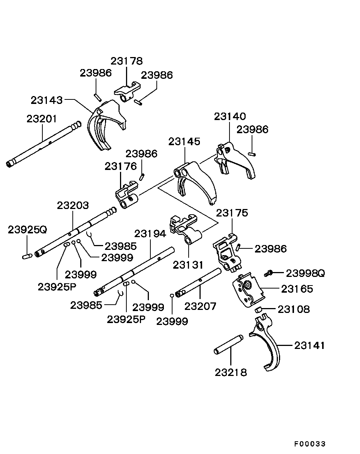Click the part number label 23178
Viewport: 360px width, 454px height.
coord(126,61)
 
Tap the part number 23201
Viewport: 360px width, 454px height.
coord(42,119)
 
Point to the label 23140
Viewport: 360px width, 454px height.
coord(230,116)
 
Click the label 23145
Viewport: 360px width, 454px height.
coord(184,141)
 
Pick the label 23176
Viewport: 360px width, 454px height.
coord(120,166)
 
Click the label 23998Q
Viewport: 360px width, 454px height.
coord(305,273)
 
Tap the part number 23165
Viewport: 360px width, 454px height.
coord(297,289)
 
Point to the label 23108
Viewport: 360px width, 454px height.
coord(294,309)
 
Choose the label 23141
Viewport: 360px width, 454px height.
coord(309,345)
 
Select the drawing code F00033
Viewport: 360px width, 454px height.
coord(310,443)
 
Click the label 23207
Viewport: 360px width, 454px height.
coord(201,306)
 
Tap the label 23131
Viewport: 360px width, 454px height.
coord(188,265)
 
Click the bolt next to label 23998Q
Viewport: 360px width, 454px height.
coord(268,273)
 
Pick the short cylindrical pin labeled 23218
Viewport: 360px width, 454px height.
coord(228,344)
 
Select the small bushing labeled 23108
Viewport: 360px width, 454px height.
coord(258,310)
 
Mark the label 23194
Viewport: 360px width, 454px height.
coord(150,234)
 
